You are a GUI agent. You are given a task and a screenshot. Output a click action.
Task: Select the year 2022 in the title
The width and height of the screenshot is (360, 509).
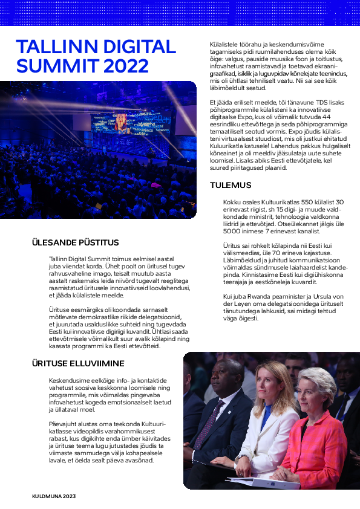point(125,65)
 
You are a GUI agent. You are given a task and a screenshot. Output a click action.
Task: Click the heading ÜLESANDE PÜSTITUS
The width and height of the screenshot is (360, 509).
point(75,242)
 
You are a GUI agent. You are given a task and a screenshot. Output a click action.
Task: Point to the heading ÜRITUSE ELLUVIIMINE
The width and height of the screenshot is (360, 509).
point(78,363)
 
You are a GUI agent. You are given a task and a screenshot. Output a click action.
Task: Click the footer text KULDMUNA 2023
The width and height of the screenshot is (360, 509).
point(54,496)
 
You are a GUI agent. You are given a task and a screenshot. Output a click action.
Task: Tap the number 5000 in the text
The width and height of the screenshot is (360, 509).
point(235,230)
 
